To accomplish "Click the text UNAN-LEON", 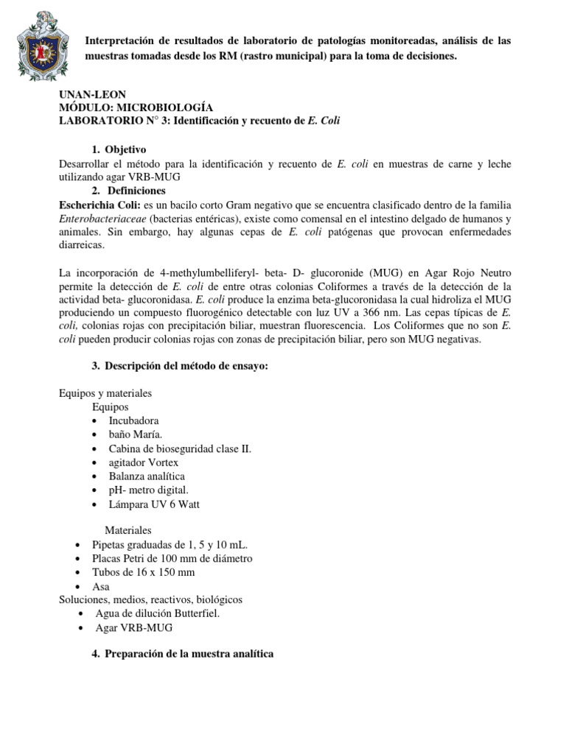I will coord(92,94).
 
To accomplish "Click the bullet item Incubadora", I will coord(133,420).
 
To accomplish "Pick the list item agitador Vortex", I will coord(143,462).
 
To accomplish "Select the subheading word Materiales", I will coord(128,530).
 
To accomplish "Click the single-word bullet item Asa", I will coord(100,587).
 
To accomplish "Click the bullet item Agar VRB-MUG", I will coord(136,628).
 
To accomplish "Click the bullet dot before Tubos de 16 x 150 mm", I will coord(79,573).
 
